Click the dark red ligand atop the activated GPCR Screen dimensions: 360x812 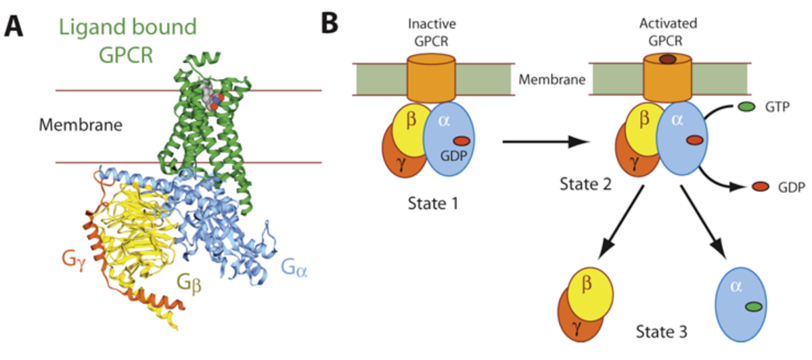point(668,60)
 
